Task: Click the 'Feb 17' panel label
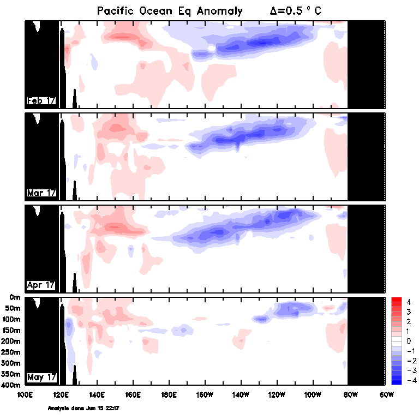(x=41, y=100)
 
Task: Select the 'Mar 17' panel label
(x=41, y=193)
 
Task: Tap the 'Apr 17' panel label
(x=41, y=285)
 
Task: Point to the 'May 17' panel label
(x=41, y=377)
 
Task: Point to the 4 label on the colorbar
(x=408, y=302)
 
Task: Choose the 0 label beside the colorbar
(x=408, y=341)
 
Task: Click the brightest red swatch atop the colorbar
(x=397, y=301)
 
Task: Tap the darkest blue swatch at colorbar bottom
(x=397, y=381)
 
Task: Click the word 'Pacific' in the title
(x=116, y=11)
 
